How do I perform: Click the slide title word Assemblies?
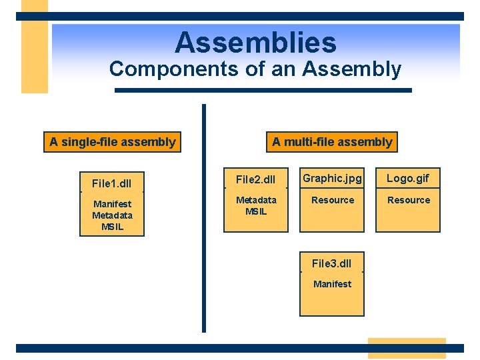[x=255, y=43]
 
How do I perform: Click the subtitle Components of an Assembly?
[x=255, y=69]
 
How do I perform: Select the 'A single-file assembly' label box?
[x=112, y=142]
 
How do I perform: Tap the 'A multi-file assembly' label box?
[x=332, y=142]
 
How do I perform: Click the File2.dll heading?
[x=256, y=180]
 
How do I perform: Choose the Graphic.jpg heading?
[x=332, y=178]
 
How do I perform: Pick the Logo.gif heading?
[x=408, y=178]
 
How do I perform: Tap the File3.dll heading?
[x=332, y=263]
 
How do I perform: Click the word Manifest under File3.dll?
[x=332, y=284]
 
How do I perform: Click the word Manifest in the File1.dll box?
[x=112, y=204]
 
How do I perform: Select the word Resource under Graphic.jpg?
[x=332, y=200]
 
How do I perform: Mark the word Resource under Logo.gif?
[x=408, y=200]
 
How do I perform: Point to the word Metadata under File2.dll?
[x=256, y=200]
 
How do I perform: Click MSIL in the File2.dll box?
[x=256, y=211]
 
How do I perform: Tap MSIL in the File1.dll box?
[x=112, y=227]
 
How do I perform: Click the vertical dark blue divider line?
[x=204, y=220]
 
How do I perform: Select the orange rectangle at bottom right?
[x=407, y=348]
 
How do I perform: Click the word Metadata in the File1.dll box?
[x=112, y=215]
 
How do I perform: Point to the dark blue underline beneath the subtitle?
[x=263, y=90]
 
